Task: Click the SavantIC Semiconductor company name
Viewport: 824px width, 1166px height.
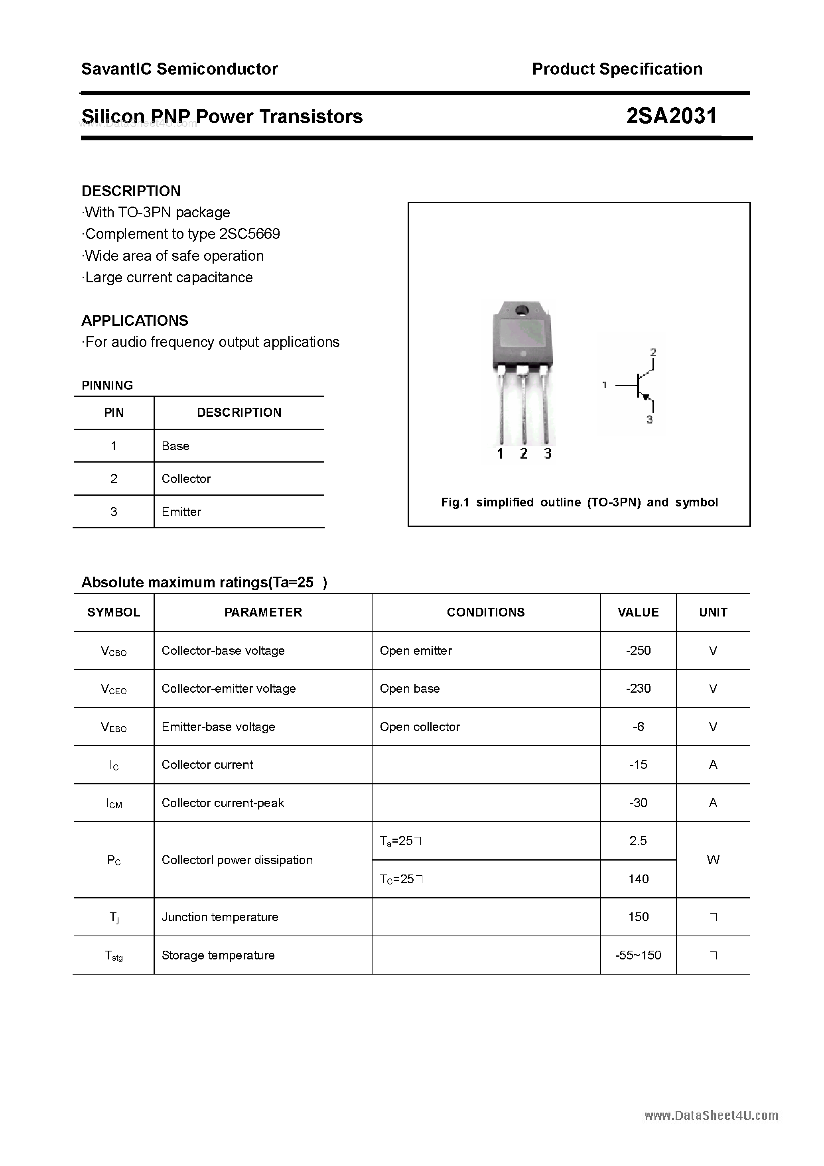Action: pyautogui.click(x=179, y=69)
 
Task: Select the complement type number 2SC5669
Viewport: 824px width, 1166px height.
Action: pyautogui.click(x=249, y=234)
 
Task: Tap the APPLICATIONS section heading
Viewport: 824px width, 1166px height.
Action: pyautogui.click(x=135, y=321)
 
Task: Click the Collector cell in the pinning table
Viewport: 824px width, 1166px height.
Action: pyautogui.click(x=186, y=479)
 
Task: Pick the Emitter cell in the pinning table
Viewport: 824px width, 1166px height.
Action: pyautogui.click(x=181, y=512)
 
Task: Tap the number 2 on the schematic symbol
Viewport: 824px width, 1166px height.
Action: pyautogui.click(x=653, y=351)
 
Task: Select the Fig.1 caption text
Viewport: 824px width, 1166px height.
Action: pyautogui.click(x=579, y=502)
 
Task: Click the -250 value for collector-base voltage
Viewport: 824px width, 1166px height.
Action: pyautogui.click(x=638, y=650)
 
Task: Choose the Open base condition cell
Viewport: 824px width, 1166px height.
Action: pyautogui.click(x=410, y=689)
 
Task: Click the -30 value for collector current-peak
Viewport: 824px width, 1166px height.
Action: pyautogui.click(x=638, y=803)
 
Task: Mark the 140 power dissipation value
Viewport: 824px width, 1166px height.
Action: pyautogui.click(x=638, y=879)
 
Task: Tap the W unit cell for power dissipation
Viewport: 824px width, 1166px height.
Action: pyautogui.click(x=713, y=860)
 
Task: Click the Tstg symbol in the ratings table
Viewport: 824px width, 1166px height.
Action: pyautogui.click(x=114, y=956)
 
